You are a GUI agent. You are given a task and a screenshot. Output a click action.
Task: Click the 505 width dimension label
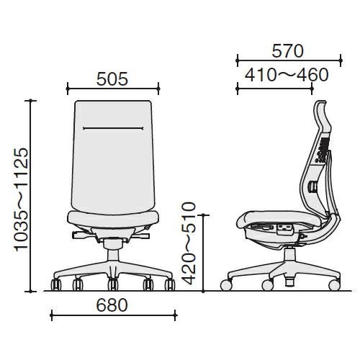[112, 79]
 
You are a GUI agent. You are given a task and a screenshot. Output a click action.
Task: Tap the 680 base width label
[112, 305]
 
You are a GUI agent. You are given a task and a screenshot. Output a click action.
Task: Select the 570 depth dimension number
[288, 51]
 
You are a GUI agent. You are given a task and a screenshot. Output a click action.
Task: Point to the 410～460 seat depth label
[287, 75]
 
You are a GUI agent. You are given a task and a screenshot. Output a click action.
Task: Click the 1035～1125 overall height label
[22, 199]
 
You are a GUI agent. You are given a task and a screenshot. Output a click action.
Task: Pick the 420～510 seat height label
[189, 243]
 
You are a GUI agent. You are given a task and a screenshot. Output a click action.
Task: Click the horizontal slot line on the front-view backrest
[113, 128]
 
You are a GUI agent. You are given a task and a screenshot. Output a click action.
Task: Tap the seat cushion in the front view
[113, 218]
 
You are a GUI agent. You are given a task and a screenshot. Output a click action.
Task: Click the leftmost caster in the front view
[56, 284]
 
